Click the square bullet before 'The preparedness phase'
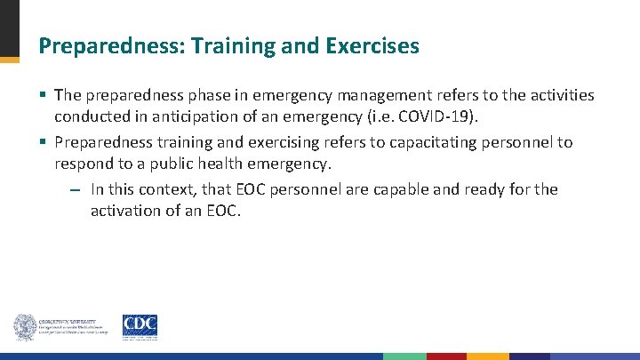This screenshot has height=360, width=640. pos(44,95)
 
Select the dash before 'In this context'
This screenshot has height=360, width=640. pos(77,190)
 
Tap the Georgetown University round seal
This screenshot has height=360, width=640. pos(24,326)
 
